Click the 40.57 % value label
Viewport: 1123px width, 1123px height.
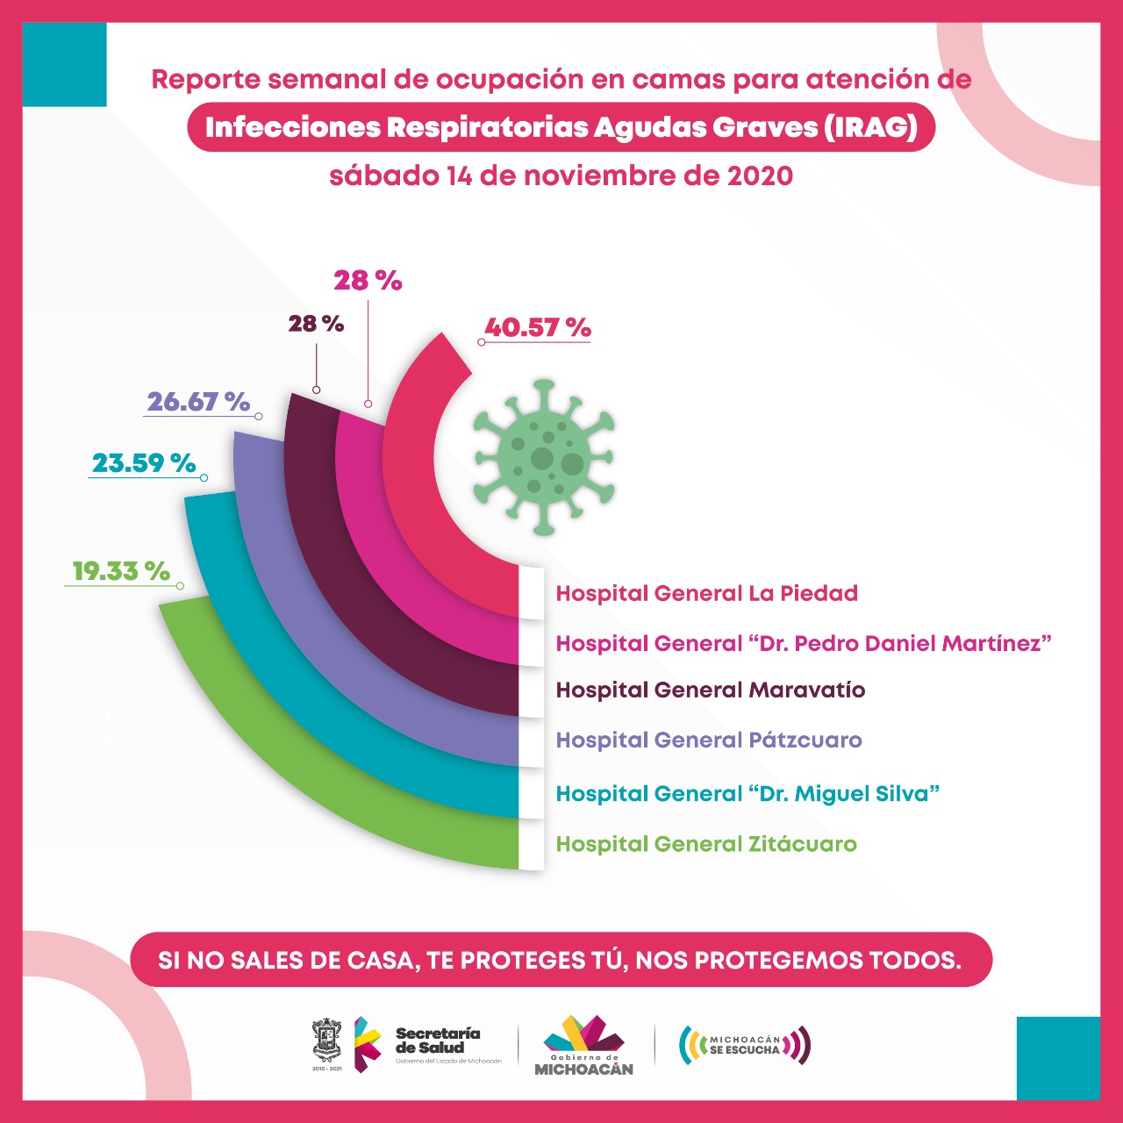(537, 328)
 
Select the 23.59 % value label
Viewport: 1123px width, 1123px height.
(144, 463)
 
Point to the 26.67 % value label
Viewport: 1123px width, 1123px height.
(198, 402)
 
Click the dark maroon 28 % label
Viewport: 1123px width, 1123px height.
(316, 324)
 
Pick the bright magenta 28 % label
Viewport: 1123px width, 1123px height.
(368, 281)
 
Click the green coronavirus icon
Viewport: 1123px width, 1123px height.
(544, 456)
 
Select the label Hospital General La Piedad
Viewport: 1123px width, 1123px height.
(706, 594)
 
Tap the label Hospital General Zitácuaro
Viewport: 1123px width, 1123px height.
(706, 845)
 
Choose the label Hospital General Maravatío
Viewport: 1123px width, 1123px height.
(711, 690)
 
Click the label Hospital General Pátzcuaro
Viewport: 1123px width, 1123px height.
(709, 740)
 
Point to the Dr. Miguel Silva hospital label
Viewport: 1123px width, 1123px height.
(747, 794)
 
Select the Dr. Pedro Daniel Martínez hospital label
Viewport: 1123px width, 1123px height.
(804, 644)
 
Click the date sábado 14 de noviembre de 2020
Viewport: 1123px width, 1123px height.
(561, 175)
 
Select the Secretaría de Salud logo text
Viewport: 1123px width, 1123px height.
(438, 1041)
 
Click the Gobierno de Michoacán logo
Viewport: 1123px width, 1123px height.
(583, 1045)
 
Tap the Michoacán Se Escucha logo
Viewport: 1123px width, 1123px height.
(745, 1045)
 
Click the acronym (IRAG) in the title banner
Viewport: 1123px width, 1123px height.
(870, 128)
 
